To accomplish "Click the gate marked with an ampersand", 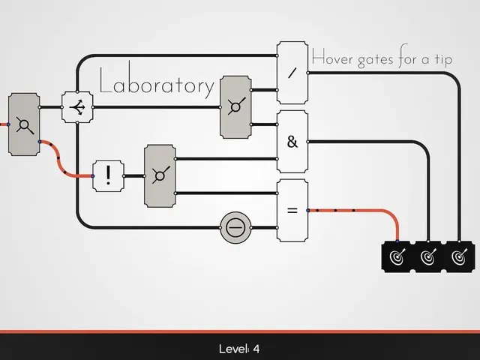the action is click(x=292, y=142).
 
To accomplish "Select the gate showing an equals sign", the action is click(x=292, y=211).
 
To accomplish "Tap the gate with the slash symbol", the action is click(x=292, y=73).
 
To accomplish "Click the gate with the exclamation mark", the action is click(x=108, y=176).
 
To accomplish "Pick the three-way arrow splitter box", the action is click(x=77, y=107).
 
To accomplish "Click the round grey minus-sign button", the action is click(x=235, y=227).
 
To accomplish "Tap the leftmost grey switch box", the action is click(x=24, y=124).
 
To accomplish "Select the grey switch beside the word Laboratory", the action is click(x=235, y=107).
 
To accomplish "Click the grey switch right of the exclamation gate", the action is click(x=160, y=176).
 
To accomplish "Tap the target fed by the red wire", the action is click(x=397, y=256).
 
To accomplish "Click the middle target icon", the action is click(x=428, y=256).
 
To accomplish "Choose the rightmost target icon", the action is click(x=459, y=256).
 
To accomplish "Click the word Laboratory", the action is click(x=157, y=80).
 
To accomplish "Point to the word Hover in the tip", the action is click(x=332, y=58).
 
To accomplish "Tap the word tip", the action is click(x=443, y=59).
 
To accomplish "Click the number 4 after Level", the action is click(x=256, y=349).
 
